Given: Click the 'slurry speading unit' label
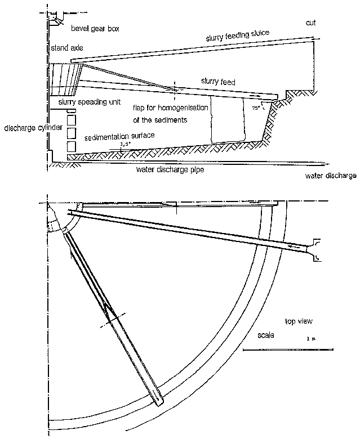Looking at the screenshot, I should pos(88,103).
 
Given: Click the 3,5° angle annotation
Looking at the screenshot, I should pos(125,145).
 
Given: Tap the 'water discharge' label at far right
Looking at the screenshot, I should pos(331,176).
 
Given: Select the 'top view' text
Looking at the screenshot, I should pos(299,321).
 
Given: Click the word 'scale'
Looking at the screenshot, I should pos(265,335).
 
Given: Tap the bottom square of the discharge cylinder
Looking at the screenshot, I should pos(71,146).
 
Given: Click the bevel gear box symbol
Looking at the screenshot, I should pos(55,20).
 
